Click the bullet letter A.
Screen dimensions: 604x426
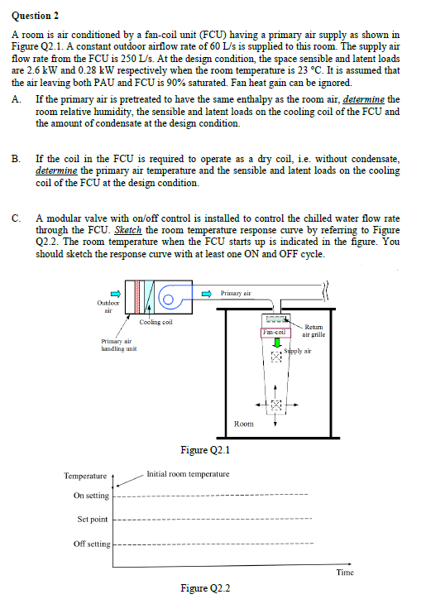(17, 99)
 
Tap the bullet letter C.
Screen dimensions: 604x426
(17, 218)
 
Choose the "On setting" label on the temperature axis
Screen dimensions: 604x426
(91, 496)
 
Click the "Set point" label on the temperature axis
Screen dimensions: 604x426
(93, 520)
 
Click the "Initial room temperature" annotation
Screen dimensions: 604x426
(187, 474)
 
